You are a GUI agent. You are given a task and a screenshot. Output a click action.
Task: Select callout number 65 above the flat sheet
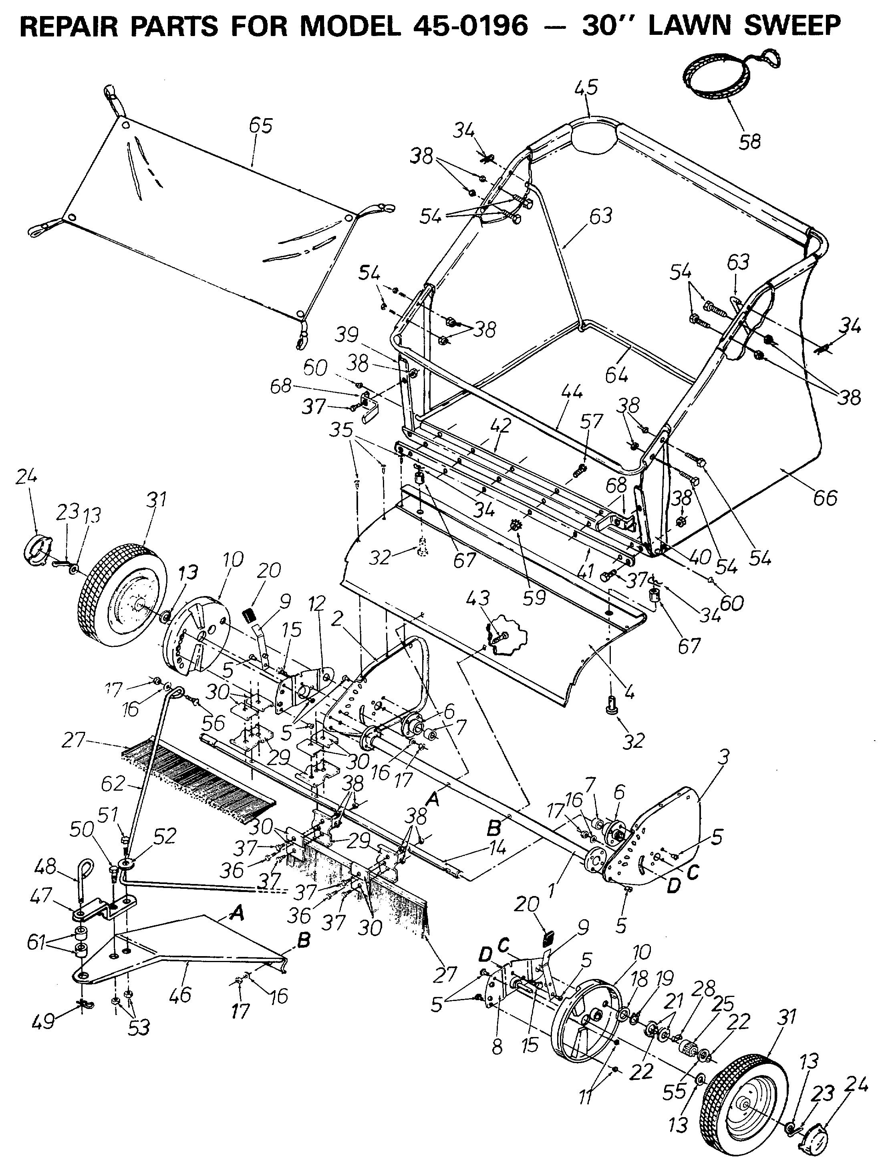260,126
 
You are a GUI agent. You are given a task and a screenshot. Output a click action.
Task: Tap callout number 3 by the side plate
723,757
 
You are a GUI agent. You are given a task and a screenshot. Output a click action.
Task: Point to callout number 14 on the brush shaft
494,848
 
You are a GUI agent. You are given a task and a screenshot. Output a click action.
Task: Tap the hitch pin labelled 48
84,881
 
